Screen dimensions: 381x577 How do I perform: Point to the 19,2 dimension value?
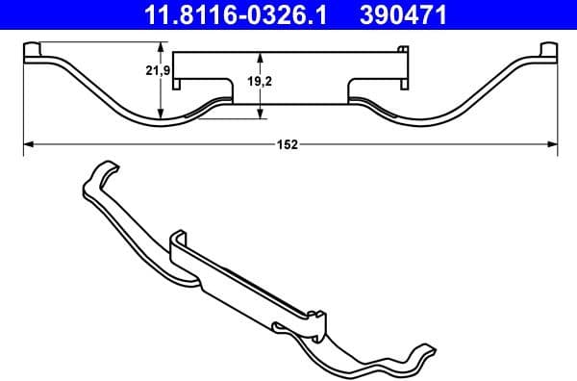[261, 83]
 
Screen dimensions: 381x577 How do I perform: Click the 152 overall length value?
[288, 144]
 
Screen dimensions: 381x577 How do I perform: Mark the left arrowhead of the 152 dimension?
[28, 144]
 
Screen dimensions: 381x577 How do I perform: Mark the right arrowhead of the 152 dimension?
[551, 144]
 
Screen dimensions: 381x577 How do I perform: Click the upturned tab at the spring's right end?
[548, 50]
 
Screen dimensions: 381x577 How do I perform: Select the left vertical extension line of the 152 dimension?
[22, 106]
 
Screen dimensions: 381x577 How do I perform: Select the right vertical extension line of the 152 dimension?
[557, 106]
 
